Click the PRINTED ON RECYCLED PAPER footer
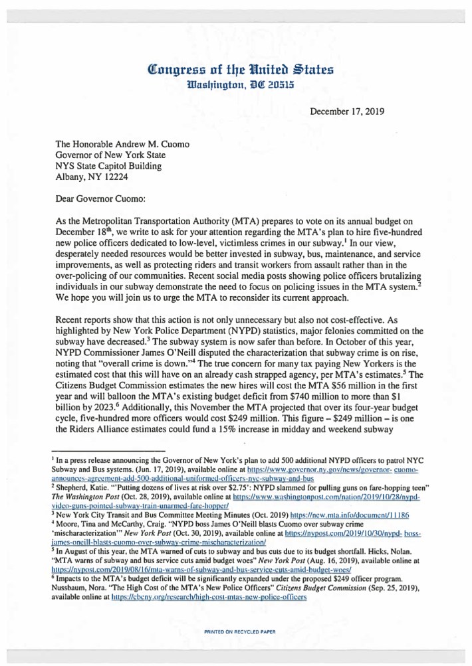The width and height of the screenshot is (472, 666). pyautogui.click(x=240, y=631)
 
